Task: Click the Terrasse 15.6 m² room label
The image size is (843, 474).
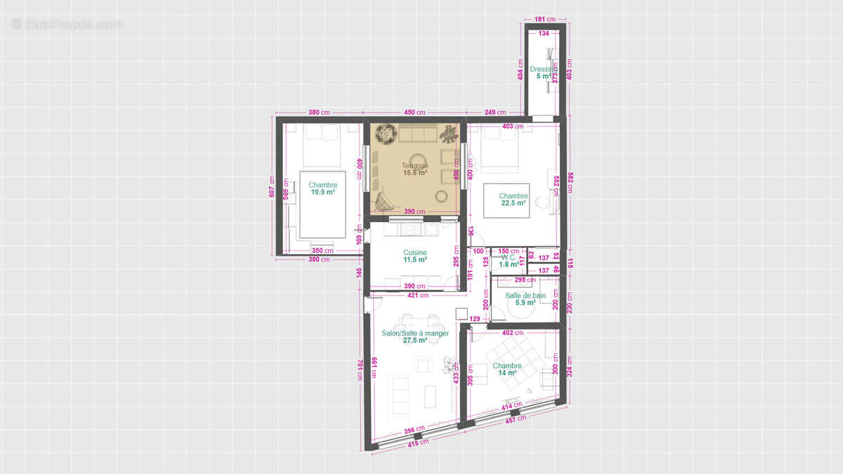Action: pyautogui.click(x=414, y=169)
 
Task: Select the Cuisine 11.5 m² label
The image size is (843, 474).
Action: pyautogui.click(x=414, y=256)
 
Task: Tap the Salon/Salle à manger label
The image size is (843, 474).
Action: pyautogui.click(x=415, y=336)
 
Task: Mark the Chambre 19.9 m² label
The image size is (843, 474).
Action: pyautogui.click(x=322, y=188)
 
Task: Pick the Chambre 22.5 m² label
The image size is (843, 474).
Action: pyautogui.click(x=514, y=199)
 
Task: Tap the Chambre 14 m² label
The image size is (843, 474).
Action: pyautogui.click(x=507, y=369)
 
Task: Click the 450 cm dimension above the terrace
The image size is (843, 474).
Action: pyautogui.click(x=414, y=112)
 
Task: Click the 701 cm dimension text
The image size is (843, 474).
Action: pyautogui.click(x=360, y=369)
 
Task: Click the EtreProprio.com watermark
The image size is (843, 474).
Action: pyautogui.click(x=67, y=25)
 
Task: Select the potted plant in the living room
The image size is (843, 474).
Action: pyautogui.click(x=447, y=364)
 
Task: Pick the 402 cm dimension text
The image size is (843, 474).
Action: pyautogui.click(x=513, y=333)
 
